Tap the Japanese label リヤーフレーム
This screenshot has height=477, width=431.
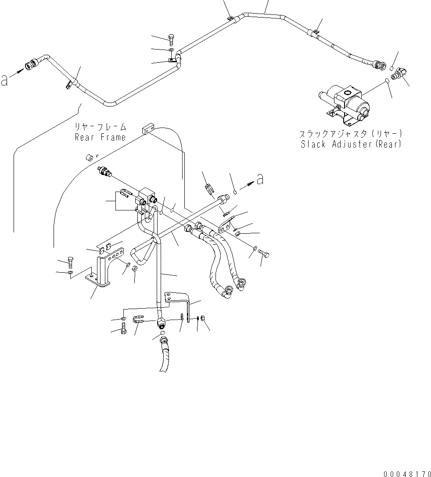(100, 127)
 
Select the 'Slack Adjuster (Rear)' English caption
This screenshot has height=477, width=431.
(351, 144)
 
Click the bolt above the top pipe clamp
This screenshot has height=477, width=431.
(171, 39)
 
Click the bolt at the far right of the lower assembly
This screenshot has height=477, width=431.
(263, 253)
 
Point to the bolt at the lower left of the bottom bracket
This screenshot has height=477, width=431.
(123, 328)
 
